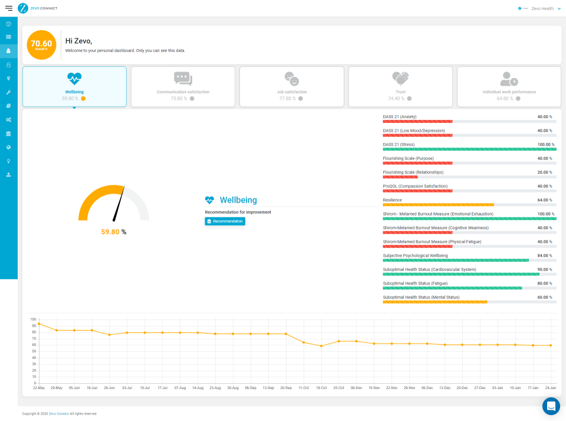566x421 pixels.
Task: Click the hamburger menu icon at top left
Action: click(8, 8)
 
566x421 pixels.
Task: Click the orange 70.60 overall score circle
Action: click(42, 45)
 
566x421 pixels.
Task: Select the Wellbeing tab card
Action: click(74, 86)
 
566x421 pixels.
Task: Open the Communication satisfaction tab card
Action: click(183, 86)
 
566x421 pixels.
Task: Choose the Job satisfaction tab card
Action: click(292, 86)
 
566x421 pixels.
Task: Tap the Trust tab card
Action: click(400, 86)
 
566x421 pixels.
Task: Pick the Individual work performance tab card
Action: click(509, 86)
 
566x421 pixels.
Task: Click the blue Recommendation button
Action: click(225, 221)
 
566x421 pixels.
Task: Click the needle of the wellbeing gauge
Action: click(120, 204)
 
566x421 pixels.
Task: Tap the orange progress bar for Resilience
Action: click(438, 205)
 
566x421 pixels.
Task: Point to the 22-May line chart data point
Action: click(39, 324)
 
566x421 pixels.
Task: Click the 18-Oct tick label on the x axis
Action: click(321, 388)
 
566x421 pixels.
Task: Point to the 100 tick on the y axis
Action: click(33, 319)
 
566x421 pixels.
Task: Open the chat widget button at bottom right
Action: click(551, 406)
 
